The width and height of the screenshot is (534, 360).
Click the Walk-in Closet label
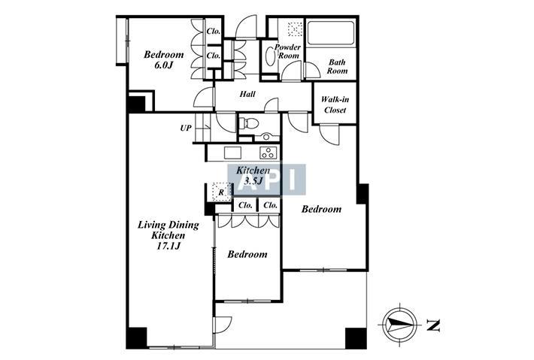point(335,104)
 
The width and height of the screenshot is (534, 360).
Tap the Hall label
point(247,94)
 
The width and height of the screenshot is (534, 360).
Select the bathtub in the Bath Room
point(331,33)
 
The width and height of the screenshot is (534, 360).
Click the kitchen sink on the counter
point(232,153)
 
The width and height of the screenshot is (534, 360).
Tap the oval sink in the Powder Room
point(270,56)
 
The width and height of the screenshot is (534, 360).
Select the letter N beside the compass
point(433,325)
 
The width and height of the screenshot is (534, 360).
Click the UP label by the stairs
point(186,129)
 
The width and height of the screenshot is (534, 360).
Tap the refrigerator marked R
point(221,192)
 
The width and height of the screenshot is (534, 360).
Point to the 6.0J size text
point(164,65)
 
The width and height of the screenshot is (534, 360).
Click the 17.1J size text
point(168,246)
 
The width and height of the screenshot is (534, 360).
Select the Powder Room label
point(288,51)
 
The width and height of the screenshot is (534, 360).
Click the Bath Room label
point(337,67)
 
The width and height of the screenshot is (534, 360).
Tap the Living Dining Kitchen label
point(168,230)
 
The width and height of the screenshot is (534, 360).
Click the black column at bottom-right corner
point(356,338)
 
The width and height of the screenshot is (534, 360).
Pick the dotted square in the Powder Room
point(295,29)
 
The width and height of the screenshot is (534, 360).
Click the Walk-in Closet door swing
point(329,135)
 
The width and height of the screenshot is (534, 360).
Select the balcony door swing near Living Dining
point(223,326)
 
